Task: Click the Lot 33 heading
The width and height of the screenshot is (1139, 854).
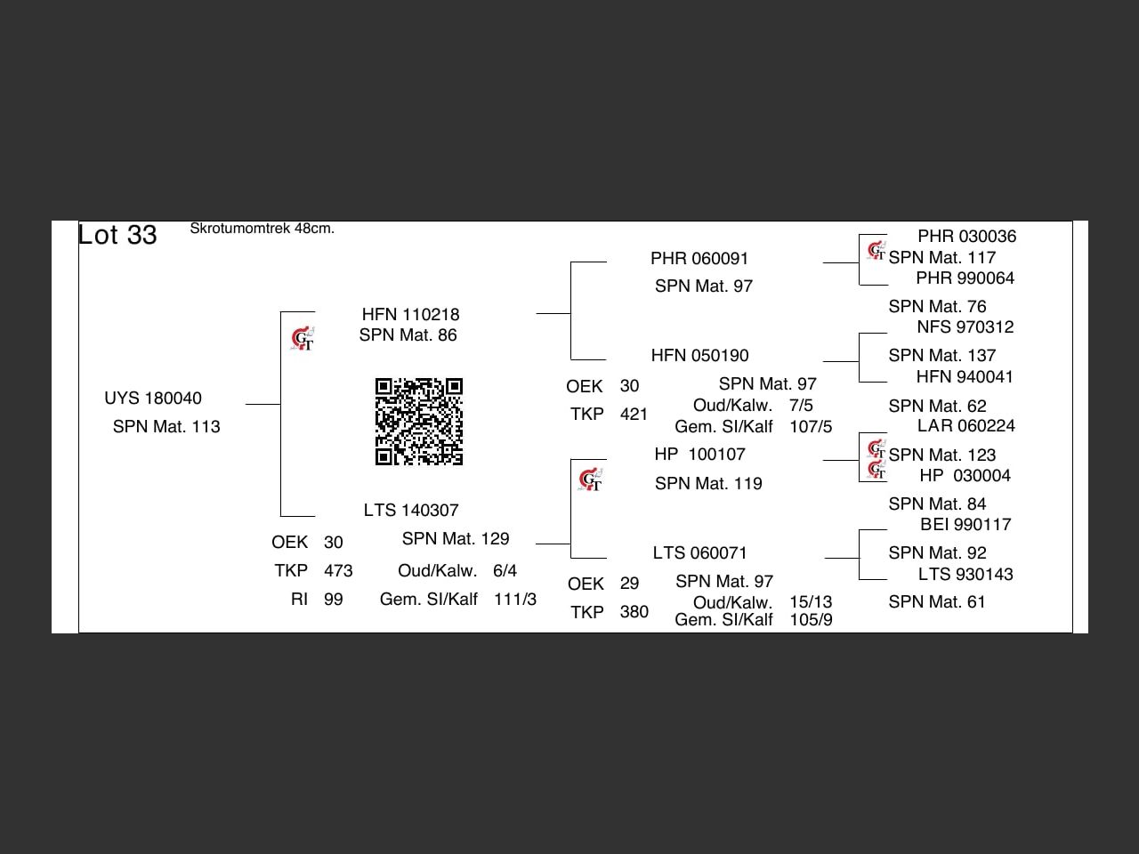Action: pos(117,235)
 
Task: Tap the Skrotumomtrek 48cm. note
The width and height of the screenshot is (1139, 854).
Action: pos(262,229)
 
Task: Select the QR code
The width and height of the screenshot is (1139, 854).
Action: pos(419,422)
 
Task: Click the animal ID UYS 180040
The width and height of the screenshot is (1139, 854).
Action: pos(153,399)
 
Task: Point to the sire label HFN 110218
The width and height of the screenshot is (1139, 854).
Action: pos(410,315)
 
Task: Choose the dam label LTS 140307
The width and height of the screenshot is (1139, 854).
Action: pos(411,511)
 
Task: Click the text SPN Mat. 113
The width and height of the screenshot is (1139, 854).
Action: pos(166,427)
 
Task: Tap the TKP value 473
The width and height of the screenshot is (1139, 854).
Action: pos(338,571)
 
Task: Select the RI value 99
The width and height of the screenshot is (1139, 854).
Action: pos(334,600)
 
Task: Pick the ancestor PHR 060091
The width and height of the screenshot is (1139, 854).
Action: pos(699,259)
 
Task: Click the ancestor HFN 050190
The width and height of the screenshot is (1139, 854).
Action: pos(699,356)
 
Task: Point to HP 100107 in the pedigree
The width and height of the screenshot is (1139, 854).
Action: pos(699,455)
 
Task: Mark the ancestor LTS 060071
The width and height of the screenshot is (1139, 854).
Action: pos(699,553)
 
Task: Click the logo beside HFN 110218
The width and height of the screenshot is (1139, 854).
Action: pos(303,339)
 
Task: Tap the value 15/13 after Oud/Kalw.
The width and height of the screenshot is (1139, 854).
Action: pos(811,602)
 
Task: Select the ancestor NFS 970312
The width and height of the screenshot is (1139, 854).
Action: pos(965,327)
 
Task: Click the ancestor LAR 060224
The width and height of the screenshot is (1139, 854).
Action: pos(965,426)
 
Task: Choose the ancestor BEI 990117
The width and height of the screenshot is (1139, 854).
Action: pos(965,525)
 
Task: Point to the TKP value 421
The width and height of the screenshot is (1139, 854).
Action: pos(634,415)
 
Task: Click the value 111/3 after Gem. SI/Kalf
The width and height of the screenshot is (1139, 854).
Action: pos(515,600)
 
